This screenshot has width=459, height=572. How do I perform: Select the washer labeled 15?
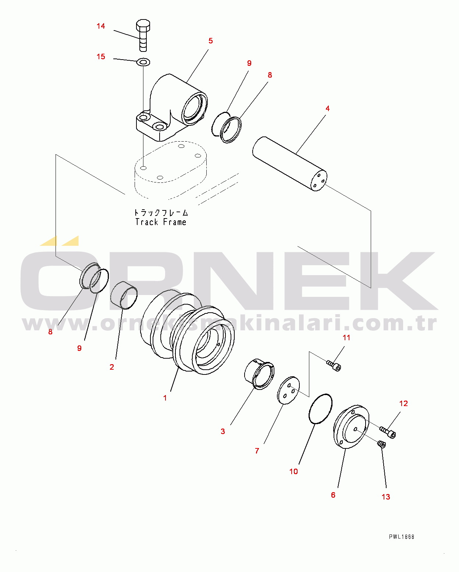143,62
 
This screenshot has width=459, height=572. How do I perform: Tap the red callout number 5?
210,41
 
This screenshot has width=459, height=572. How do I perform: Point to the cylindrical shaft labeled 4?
289,164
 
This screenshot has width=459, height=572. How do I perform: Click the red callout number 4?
327,109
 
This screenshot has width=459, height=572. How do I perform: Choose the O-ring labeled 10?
320,408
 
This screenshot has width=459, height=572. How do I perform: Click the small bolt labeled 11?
334,365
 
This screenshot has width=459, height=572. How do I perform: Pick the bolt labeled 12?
388,432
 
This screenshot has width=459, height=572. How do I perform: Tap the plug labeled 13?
381,444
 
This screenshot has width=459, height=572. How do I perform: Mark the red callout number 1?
165,398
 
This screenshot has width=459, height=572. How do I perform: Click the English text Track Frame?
161,222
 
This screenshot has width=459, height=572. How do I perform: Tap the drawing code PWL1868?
402,537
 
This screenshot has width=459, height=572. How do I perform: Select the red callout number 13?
385,497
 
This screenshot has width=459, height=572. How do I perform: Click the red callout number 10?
293,472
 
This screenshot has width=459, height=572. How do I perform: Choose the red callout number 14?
101,26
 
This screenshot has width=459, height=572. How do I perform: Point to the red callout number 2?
112,367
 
